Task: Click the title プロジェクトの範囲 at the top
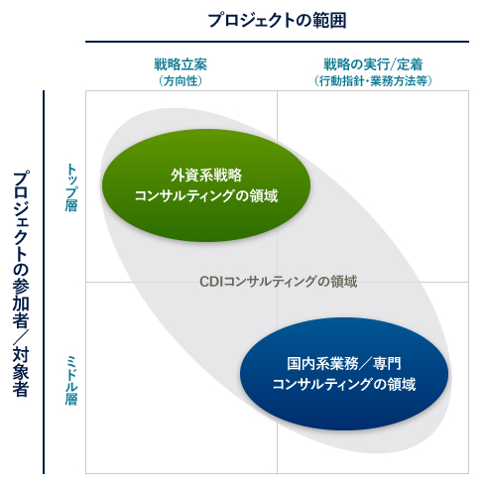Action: (277, 20)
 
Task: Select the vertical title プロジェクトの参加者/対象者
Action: (21, 284)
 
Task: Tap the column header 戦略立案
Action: (181, 64)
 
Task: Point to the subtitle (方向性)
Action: (181, 80)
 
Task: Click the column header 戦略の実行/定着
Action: (373, 64)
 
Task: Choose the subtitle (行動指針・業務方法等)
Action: (373, 80)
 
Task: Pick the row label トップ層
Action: (71, 187)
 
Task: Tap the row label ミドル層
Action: (71, 381)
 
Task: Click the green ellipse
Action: (205, 185)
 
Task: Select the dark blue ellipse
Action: (344, 374)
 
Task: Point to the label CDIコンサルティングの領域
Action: (279, 282)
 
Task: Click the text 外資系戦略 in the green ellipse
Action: (206, 175)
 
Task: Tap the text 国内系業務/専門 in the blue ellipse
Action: (344, 363)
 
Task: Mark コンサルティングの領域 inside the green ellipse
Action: (206, 195)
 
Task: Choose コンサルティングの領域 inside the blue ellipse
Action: (344, 384)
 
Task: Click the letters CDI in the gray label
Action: (211, 282)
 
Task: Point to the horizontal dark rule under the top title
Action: (277, 42)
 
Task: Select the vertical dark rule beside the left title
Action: (44, 282)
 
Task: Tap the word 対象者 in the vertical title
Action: (21, 372)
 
